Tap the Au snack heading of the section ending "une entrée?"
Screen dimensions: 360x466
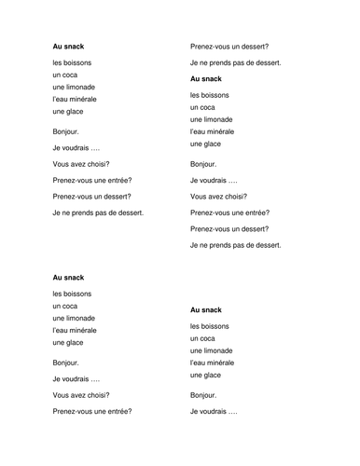click(x=68, y=277)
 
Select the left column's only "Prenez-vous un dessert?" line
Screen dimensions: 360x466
click(x=91, y=196)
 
